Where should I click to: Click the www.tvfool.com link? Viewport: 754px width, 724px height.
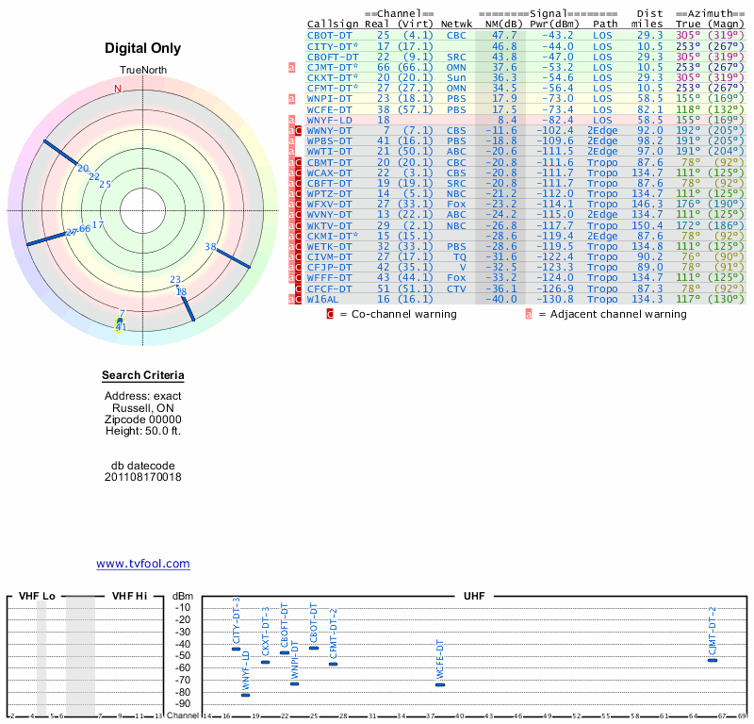point(142,564)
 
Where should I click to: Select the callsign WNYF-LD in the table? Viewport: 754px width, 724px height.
point(330,120)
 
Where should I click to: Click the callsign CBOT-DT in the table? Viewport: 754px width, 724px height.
point(329,35)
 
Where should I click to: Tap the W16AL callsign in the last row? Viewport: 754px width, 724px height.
point(323,299)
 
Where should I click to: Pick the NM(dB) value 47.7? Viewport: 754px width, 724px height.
point(503,35)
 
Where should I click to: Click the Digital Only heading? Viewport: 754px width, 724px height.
point(142,48)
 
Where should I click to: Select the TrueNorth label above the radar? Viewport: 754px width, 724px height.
point(142,71)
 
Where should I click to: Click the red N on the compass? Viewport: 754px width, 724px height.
point(118,90)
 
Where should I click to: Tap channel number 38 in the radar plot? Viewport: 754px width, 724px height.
point(210,247)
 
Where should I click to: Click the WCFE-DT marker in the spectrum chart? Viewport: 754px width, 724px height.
point(439,684)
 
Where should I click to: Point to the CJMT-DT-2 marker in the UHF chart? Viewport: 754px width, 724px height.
point(713,660)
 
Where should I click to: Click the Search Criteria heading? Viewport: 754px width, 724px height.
point(142,376)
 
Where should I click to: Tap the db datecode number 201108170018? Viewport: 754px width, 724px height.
point(142,477)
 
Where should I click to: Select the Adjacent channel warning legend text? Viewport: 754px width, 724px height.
point(619,314)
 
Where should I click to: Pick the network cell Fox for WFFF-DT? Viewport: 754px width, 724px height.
point(456,277)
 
